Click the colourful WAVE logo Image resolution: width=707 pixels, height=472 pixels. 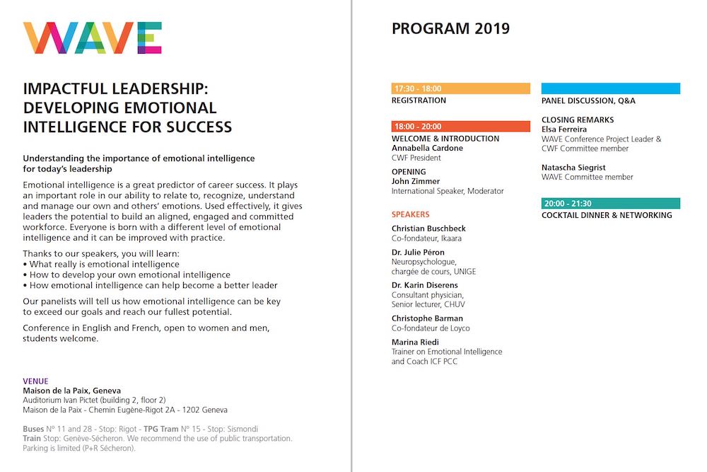93,38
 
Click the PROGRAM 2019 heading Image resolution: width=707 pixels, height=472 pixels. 450,29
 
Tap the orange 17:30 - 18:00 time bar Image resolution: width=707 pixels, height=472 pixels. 460,89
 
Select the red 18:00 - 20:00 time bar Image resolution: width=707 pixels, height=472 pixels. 460,127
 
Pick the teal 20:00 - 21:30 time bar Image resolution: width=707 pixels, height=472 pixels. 611,204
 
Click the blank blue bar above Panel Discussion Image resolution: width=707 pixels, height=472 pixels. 611,89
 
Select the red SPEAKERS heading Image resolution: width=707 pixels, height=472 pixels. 411,214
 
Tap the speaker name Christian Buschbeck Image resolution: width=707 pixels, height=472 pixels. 428,229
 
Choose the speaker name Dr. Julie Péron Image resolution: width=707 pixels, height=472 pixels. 418,253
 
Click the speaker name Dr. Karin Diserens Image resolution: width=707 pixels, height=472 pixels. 425,285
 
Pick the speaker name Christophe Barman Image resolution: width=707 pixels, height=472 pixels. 427,318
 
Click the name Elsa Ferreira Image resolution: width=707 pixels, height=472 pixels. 565,129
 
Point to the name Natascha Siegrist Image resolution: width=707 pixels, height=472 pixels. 573,168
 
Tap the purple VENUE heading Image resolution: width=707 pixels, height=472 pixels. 35,381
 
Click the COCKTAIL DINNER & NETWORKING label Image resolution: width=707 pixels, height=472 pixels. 607,215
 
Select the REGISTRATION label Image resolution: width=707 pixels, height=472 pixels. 419,100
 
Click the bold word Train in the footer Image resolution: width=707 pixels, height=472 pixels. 32,439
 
